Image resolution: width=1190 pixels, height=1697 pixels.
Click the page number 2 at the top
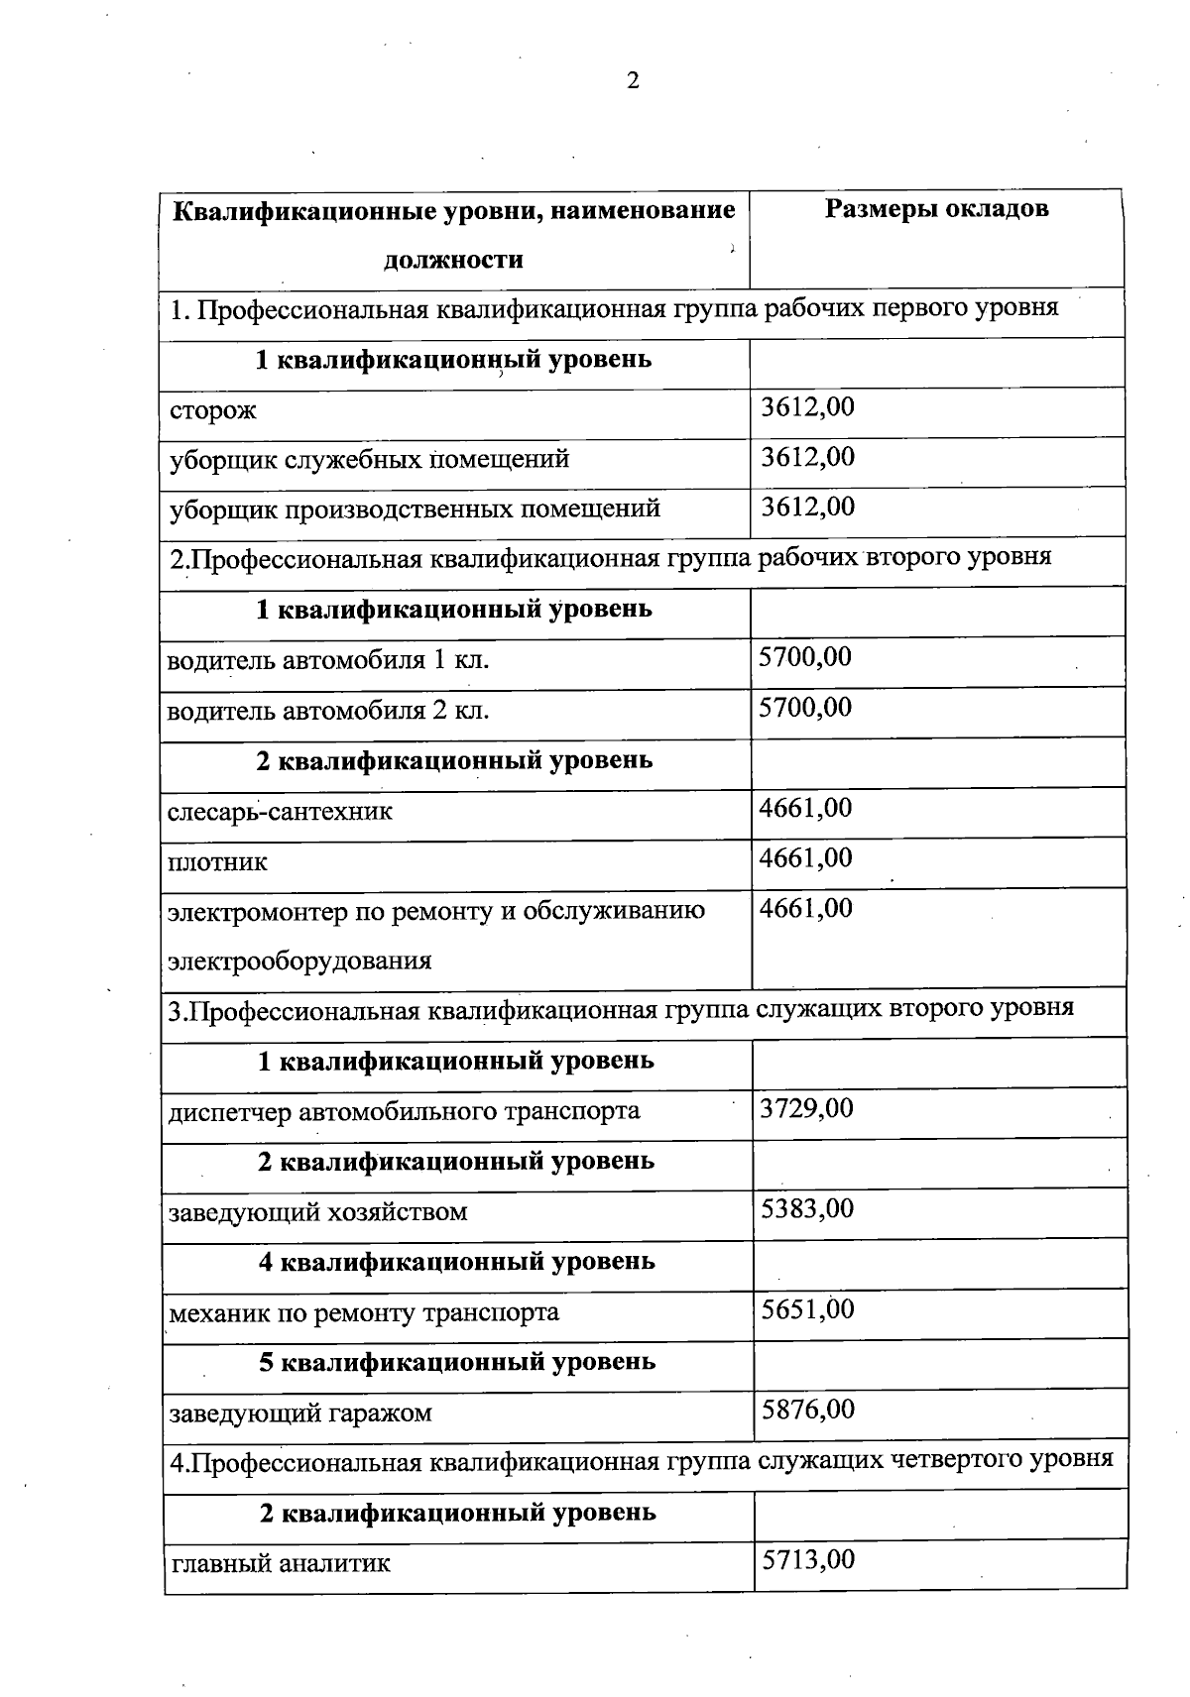(633, 81)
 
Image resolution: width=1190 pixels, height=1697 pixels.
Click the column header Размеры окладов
(936, 209)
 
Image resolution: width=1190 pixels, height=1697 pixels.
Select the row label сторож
(213, 410)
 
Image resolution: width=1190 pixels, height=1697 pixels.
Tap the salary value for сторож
(807, 407)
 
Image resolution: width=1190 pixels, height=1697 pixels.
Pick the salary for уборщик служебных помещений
(807, 457)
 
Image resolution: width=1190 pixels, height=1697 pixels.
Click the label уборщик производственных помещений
(415, 509)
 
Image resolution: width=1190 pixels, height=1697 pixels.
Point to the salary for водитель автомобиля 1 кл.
(805, 657)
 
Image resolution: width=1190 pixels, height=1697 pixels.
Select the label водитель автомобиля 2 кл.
(328, 711)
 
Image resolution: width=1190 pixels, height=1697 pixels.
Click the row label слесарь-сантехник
(280, 812)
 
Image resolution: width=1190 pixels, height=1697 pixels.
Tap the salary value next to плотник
(805, 857)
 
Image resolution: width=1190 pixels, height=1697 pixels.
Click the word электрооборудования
(299, 961)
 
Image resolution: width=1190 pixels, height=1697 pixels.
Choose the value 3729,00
(806, 1108)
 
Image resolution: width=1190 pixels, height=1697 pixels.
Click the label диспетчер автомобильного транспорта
(404, 1111)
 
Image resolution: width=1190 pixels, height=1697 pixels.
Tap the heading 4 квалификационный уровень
(456, 1262)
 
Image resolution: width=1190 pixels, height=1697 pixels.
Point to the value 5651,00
(807, 1309)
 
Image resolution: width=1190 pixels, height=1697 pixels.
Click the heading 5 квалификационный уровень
(456, 1362)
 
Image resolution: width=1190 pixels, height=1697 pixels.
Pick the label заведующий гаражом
(300, 1413)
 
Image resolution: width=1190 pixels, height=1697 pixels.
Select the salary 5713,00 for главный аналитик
(807, 1560)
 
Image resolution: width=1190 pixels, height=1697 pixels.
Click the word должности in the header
(453, 261)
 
